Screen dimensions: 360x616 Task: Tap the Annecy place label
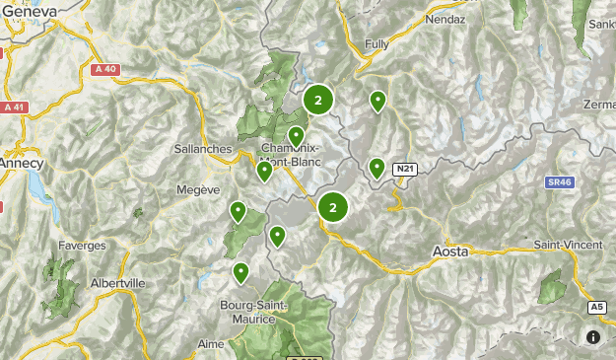[x=20, y=161]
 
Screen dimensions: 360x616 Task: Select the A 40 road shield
[x=105, y=69]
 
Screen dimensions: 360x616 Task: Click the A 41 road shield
[x=13, y=107]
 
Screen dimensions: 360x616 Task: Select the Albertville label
[x=117, y=282]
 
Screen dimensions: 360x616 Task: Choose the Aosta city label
[x=451, y=252]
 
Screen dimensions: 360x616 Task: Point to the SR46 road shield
[x=559, y=182]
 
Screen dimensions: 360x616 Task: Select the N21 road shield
[x=404, y=170]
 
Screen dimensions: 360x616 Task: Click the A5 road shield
[x=597, y=308]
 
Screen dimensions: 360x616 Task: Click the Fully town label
[x=376, y=44]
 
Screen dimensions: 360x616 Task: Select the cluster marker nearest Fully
[x=318, y=100]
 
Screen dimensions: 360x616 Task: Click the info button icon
[x=592, y=336]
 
